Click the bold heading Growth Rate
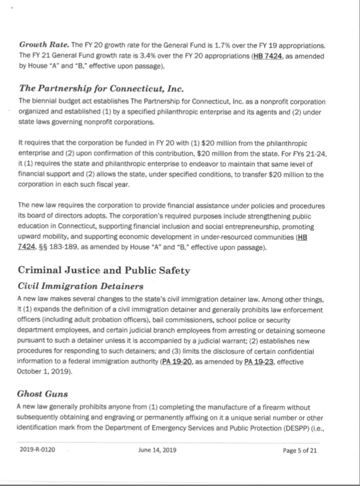click(x=43, y=45)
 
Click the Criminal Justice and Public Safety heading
click(x=104, y=270)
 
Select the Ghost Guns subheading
click(x=42, y=394)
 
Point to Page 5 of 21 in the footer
click(x=300, y=450)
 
